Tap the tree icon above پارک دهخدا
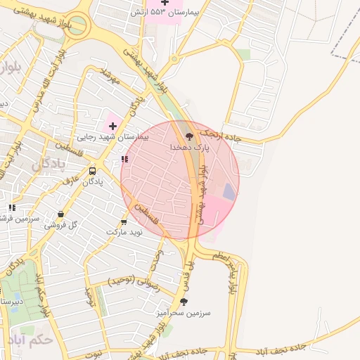pyautogui.click(x=189, y=136)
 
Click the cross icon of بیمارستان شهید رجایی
pyautogui.click(x=112, y=125)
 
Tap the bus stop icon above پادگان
pyautogui.click(x=93, y=171)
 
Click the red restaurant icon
pyautogui.click(x=125, y=160)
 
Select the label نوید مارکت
pyautogui.click(x=124, y=231)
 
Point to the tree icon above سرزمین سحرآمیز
pyautogui.click(x=184, y=301)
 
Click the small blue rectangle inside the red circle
pyautogui.click(x=229, y=191)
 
